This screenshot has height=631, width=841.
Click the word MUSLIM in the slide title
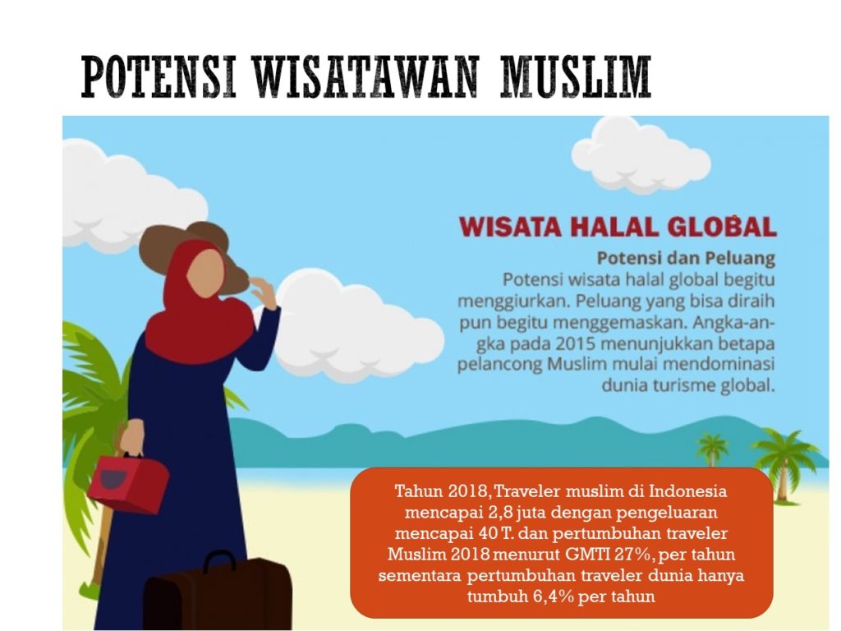coord(576,76)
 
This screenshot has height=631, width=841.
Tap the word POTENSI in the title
coord(159,76)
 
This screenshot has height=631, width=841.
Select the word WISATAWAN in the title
coord(365,76)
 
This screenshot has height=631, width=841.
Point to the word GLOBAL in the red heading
coord(722,227)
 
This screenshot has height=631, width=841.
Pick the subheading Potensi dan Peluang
coord(686,258)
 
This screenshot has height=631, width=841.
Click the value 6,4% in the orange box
coord(554,596)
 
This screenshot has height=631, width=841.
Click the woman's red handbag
coord(129,481)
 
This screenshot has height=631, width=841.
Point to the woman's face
coord(205,274)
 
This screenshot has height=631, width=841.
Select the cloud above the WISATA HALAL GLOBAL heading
coord(641,154)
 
